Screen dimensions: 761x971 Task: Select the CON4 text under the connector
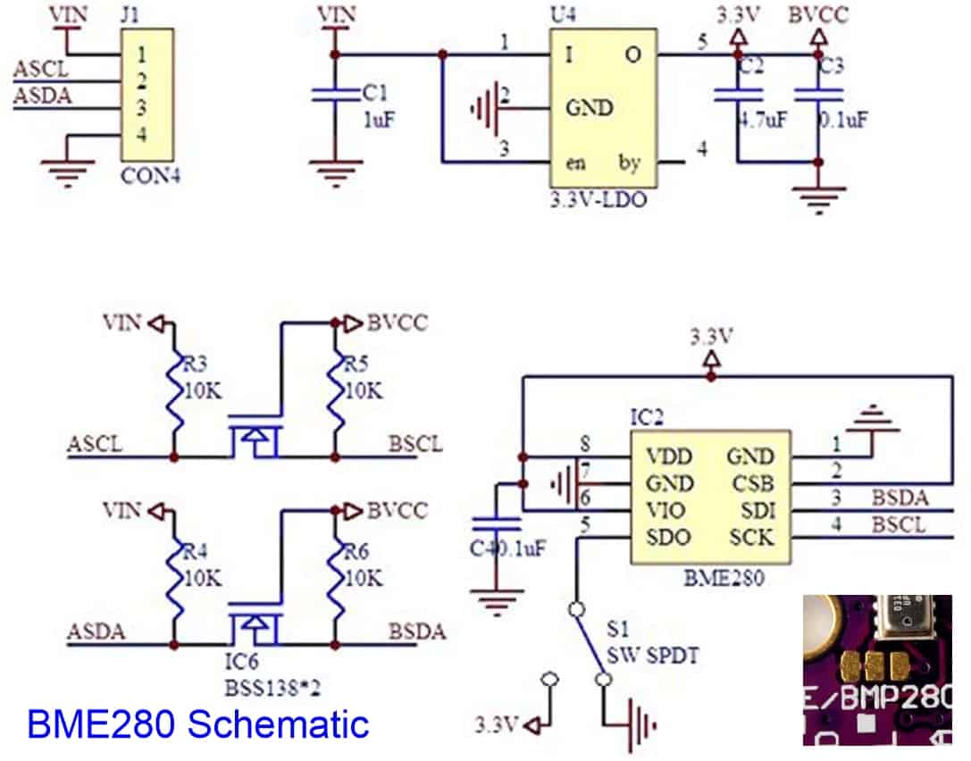(x=151, y=176)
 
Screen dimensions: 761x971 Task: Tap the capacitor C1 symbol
(x=336, y=94)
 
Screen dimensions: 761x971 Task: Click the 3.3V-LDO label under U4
(x=599, y=200)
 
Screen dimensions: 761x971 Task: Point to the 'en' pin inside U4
(x=577, y=163)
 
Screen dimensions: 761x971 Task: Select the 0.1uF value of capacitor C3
(x=843, y=120)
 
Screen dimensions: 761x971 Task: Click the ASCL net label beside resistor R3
(x=96, y=444)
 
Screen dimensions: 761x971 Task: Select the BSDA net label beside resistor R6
(x=416, y=632)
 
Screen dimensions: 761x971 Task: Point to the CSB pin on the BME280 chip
(x=751, y=483)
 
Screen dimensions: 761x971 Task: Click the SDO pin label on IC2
(x=667, y=538)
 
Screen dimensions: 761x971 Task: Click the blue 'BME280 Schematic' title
(x=198, y=723)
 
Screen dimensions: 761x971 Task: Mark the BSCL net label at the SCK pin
(x=900, y=524)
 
